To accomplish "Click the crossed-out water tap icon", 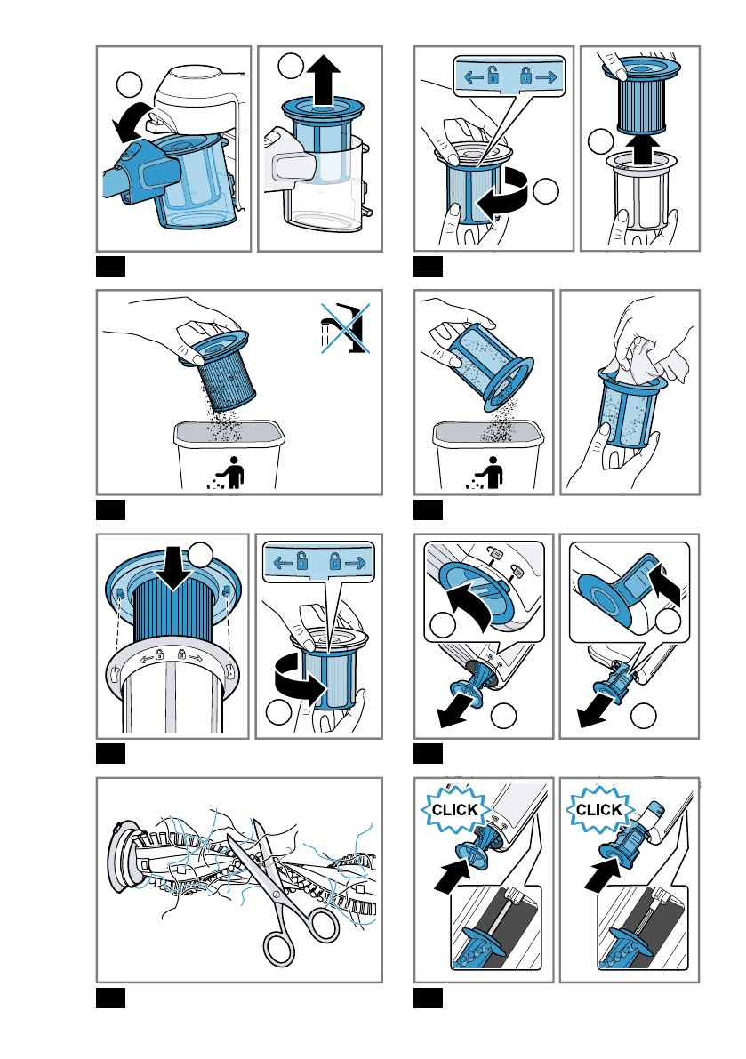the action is tap(342, 326).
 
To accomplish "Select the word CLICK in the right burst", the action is tap(599, 810).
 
